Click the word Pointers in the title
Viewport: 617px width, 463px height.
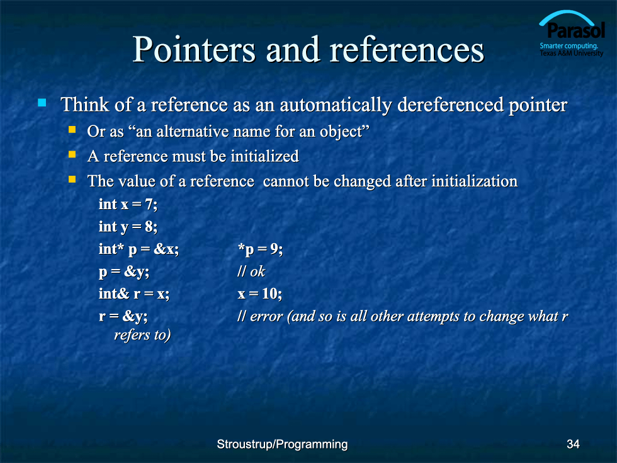195,50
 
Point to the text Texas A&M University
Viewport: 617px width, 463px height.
572,53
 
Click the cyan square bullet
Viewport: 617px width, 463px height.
42,103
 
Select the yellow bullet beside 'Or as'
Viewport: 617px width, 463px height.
72,129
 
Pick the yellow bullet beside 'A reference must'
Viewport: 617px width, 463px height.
72,154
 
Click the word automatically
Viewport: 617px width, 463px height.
336,105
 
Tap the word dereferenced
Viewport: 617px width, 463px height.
450,105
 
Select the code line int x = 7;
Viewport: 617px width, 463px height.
128,204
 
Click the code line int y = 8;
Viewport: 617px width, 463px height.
128,226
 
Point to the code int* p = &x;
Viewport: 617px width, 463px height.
139,249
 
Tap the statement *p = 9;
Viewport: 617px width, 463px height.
260,249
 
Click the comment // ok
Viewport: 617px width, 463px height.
251,272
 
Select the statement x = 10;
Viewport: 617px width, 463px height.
259,294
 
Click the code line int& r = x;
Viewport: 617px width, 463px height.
133,294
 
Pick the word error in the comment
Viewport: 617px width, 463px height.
266,316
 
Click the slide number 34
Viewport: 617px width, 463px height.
573,444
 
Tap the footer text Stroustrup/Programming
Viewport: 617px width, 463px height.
282,444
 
